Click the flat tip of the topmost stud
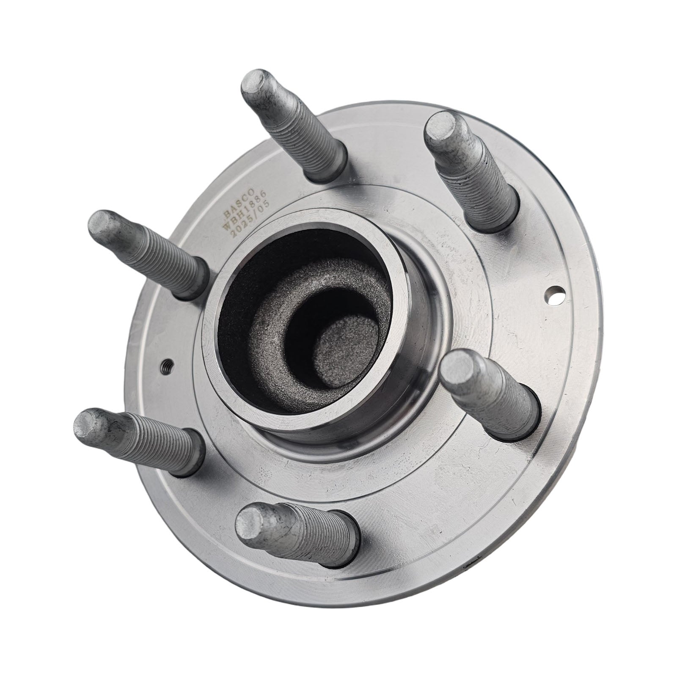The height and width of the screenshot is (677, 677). [x=257, y=83]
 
